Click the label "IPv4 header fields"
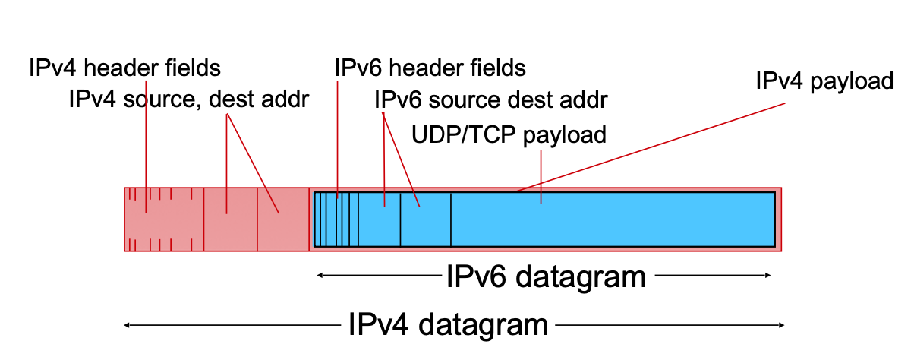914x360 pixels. pyautogui.click(x=124, y=68)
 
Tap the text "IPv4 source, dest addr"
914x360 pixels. pyautogui.click(x=188, y=99)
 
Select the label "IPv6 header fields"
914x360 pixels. pyautogui.click(x=430, y=68)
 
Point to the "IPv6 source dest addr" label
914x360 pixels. pyautogui.click(x=491, y=99)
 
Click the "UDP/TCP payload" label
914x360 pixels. pyautogui.click(x=509, y=135)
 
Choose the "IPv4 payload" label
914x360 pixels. pyautogui.click(x=824, y=81)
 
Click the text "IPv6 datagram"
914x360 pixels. pyautogui.click(x=546, y=276)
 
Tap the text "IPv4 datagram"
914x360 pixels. pyautogui.click(x=448, y=325)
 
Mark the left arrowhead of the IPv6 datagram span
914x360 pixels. pyautogui.click(x=320, y=276)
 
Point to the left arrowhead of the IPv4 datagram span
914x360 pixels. pyautogui.click(x=128, y=325)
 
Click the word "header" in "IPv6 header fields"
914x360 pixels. pyautogui.click(x=431, y=68)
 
